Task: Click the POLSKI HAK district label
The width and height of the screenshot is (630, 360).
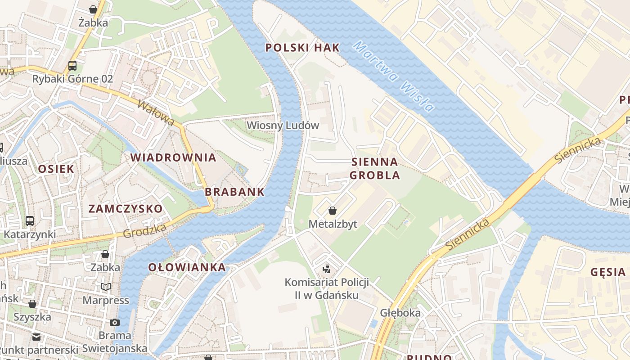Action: [x=302, y=48]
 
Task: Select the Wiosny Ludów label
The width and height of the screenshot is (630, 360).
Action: [x=283, y=125]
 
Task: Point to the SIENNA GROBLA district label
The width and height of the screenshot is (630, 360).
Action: [x=374, y=168]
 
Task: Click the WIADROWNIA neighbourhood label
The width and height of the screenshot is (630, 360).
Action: [x=173, y=157]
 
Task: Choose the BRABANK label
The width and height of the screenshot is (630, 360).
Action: [x=234, y=192]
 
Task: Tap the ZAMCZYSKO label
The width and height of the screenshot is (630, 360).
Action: [x=125, y=209]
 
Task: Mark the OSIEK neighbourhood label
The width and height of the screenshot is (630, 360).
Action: [x=56, y=169]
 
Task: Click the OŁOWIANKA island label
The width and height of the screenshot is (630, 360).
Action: [x=187, y=267]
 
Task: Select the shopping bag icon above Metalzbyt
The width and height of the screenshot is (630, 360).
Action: [x=333, y=211]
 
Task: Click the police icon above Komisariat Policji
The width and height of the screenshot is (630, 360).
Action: [x=327, y=269]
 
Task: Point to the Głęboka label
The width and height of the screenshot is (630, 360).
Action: [x=400, y=313]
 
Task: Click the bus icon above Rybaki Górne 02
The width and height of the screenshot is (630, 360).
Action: [x=72, y=66]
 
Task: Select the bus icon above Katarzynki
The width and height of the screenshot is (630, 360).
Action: [x=30, y=221]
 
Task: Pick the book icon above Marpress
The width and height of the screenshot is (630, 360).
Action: [x=106, y=287]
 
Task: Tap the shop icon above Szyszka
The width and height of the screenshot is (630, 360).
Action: [x=32, y=304]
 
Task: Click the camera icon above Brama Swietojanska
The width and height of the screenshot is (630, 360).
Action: [x=115, y=322]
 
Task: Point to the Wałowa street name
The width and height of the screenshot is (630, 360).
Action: [x=156, y=113]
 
